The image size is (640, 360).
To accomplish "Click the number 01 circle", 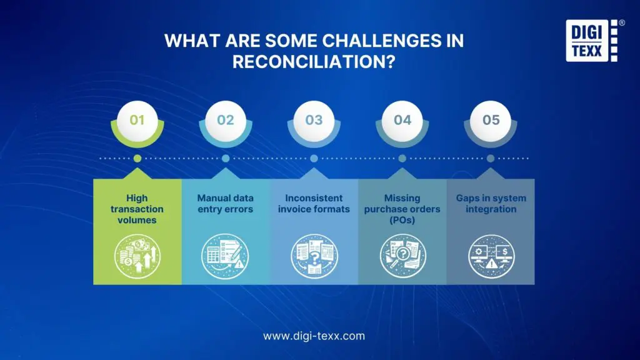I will tap(137, 119).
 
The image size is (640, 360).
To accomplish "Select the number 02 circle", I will tap(225, 119).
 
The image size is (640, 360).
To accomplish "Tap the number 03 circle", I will tap(314, 119).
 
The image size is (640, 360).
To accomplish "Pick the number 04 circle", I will tap(402, 119).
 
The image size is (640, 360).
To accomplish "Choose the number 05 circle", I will tap(491, 119).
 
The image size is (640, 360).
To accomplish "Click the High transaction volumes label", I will tap(137, 209).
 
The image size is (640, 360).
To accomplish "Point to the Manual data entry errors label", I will tap(225, 204).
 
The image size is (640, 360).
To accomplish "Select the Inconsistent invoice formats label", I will tap(314, 204).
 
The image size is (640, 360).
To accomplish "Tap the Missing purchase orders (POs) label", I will tap(402, 209).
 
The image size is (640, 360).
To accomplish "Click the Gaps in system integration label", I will tap(491, 204).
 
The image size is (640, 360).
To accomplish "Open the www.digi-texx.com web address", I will tap(314, 336).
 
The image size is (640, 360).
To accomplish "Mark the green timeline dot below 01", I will tap(137, 159).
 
